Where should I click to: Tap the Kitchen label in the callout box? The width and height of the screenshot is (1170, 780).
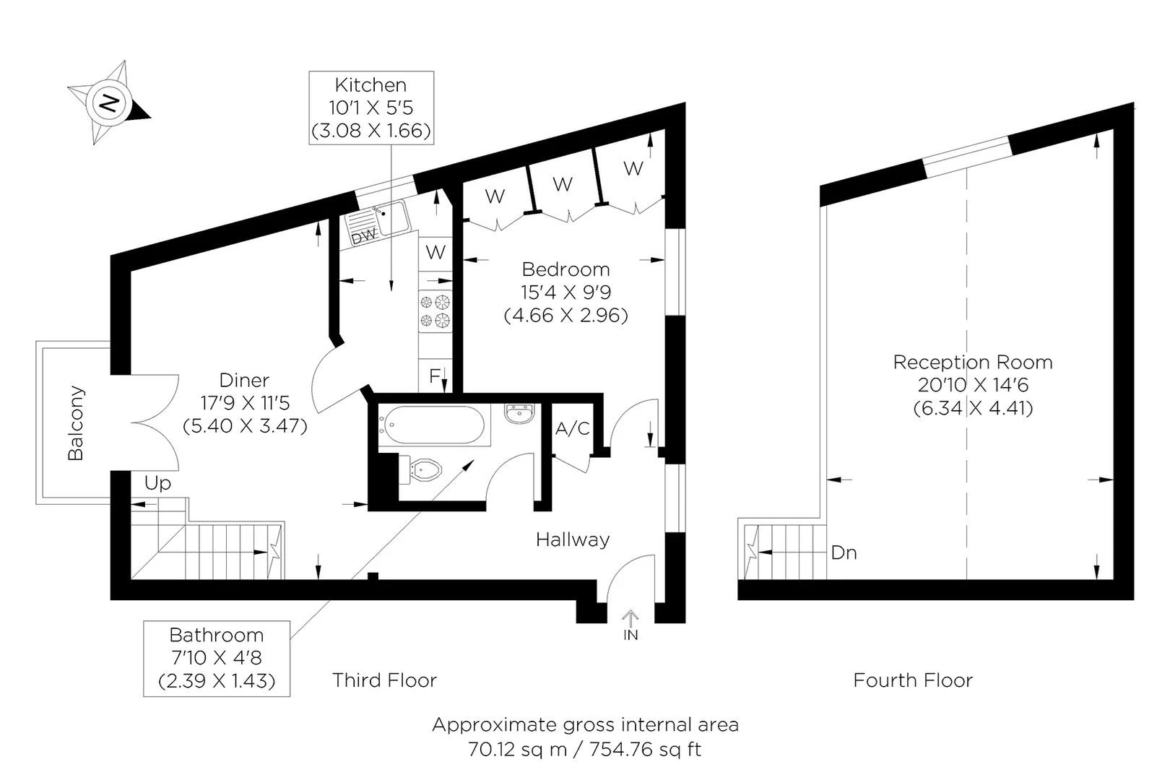pyautogui.click(x=370, y=85)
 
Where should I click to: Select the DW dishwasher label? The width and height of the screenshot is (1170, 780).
pyautogui.click(x=363, y=236)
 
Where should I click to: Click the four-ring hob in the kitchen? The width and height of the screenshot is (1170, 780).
pyautogui.click(x=435, y=311)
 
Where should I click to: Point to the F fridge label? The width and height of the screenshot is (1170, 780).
pyautogui.click(x=434, y=376)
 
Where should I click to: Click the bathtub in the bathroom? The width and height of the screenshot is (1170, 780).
pyautogui.click(x=431, y=425)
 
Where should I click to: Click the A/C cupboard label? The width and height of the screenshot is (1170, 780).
pyautogui.click(x=572, y=429)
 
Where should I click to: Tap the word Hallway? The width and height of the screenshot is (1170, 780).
pyautogui.click(x=572, y=539)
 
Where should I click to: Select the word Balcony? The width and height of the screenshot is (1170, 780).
pyautogui.click(x=76, y=423)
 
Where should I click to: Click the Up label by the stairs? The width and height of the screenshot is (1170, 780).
pyautogui.click(x=157, y=483)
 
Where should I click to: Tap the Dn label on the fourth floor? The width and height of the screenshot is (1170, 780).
pyautogui.click(x=844, y=553)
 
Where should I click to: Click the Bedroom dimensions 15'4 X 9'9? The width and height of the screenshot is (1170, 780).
pyautogui.click(x=565, y=292)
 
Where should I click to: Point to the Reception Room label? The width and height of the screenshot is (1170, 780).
pyautogui.click(x=972, y=363)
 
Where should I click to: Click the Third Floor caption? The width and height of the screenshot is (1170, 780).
pyautogui.click(x=384, y=680)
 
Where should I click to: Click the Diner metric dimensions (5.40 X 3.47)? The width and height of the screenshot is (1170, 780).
pyautogui.click(x=245, y=425)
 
